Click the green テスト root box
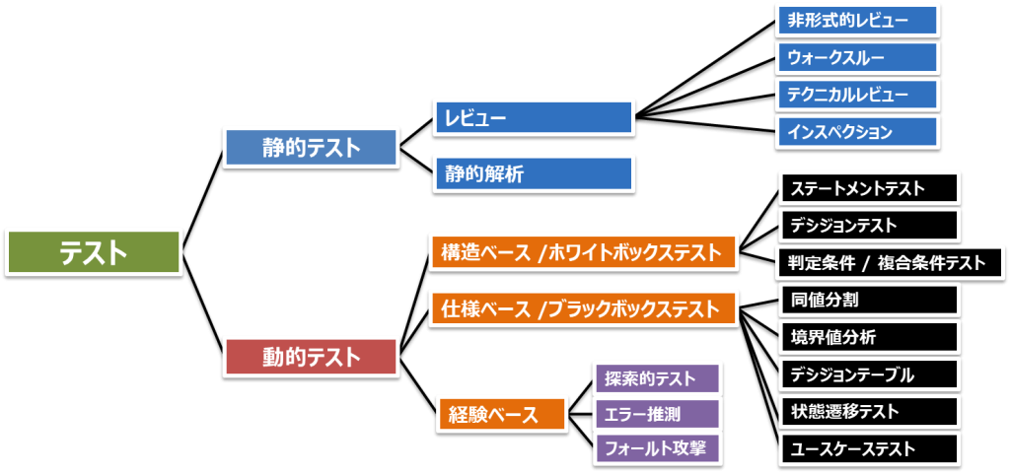pos(94,252)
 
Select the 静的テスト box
pos(312,148)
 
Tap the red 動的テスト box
pos(312,356)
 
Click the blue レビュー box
pos(533,118)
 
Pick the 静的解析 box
pos(533,174)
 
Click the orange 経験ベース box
pos(502,414)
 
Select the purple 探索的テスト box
pos(657,378)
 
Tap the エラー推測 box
pos(657,414)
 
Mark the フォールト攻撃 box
pos(657,449)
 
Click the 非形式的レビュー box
pos(858,20)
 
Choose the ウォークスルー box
pos(858,57)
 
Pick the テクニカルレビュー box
pos(858,95)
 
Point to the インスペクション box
pos(858,131)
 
